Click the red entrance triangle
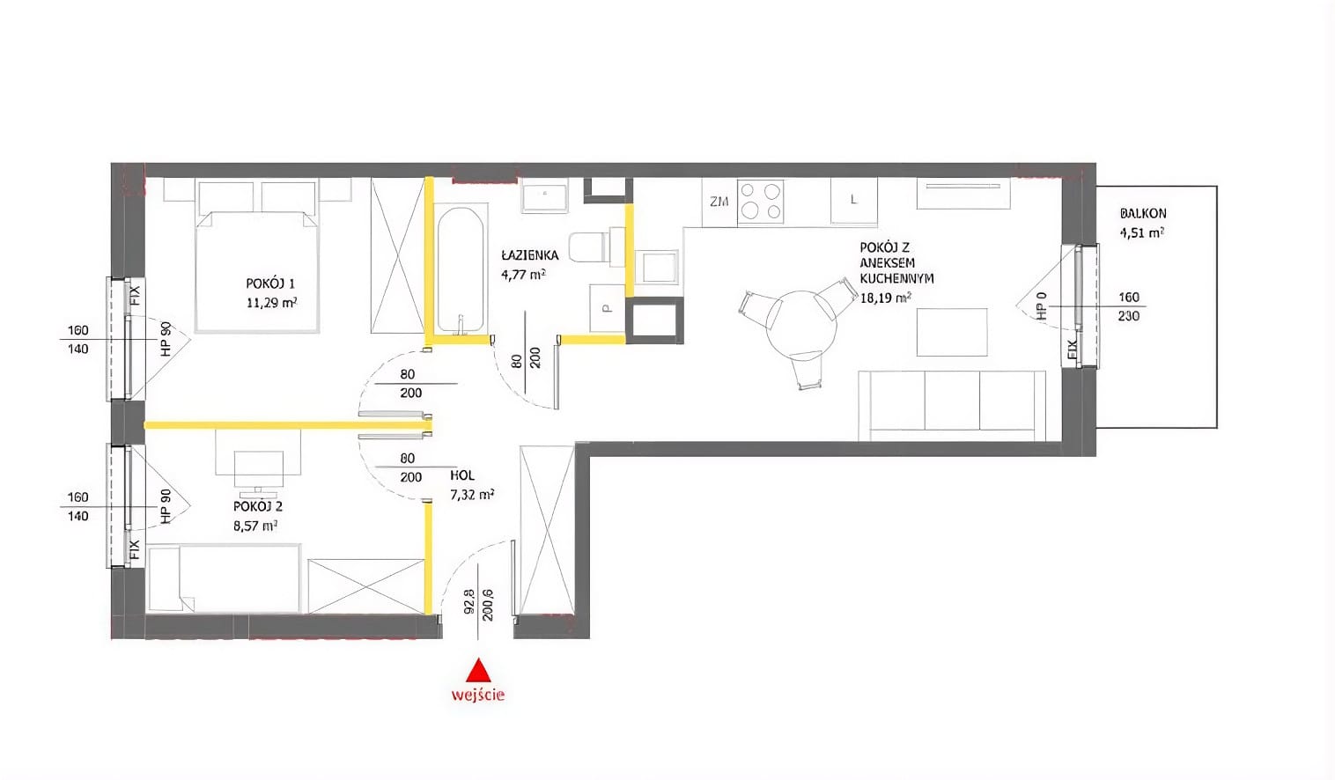(478, 670)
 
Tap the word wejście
(478, 695)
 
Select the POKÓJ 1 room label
(270, 283)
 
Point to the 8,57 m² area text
(255, 526)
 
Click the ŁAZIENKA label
(530, 255)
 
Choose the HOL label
(462, 475)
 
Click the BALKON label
(1143, 213)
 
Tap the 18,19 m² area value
(886, 298)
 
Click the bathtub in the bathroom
(460, 270)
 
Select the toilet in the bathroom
(588, 247)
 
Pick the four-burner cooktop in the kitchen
(760, 201)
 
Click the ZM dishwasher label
(719, 202)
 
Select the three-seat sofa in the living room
(952, 405)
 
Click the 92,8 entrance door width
(468, 602)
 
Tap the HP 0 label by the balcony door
(1041, 306)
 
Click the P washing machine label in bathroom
(607, 309)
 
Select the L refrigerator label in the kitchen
(853, 200)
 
